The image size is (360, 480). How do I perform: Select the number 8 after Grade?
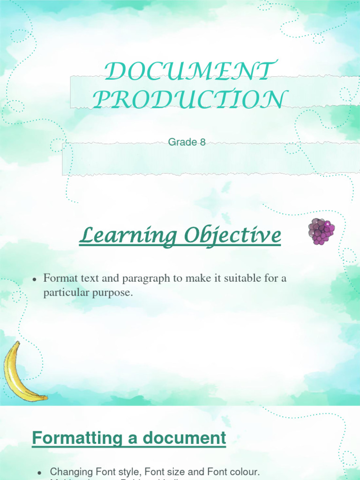tap(202, 142)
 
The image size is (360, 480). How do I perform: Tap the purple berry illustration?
tap(321, 231)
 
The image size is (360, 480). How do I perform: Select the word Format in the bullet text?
tap(58, 278)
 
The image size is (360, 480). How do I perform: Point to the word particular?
tap(63, 293)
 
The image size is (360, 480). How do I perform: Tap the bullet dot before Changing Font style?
tap(40, 472)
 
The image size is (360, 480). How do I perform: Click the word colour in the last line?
tap(244, 472)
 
